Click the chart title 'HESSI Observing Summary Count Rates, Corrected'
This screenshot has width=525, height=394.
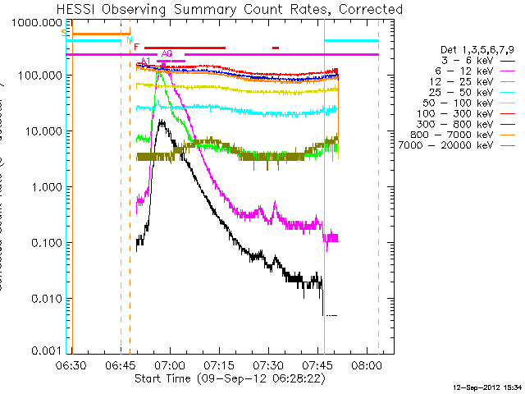pyautogui.click(x=230, y=9)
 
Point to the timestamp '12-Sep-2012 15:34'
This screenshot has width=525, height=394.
pyautogui.click(x=487, y=387)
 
